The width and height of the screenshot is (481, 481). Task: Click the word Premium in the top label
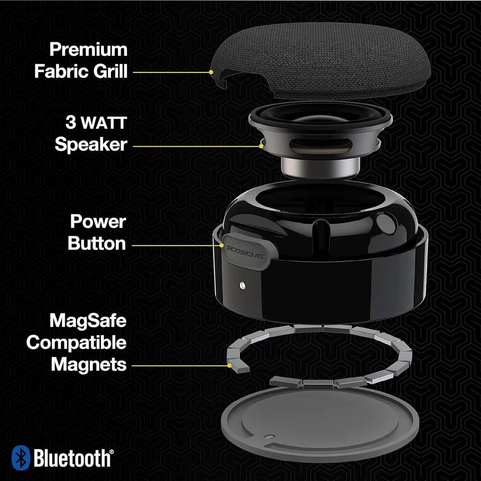pos(88,50)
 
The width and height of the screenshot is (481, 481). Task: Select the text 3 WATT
pos(96,123)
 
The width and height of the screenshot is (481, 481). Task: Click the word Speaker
pos(91,144)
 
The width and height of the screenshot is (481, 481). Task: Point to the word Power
pos(98,222)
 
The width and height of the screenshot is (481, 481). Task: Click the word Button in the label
pos(97,243)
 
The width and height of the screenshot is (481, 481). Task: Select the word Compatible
pos(76,343)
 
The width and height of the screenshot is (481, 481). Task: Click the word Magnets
pos(89,365)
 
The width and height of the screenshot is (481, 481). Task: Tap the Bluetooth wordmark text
pos(72,458)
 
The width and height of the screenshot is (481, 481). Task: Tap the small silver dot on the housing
pos(241,286)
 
